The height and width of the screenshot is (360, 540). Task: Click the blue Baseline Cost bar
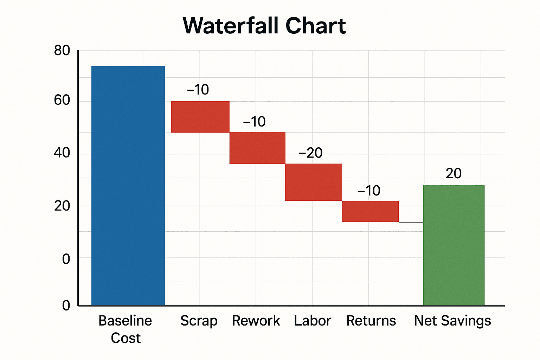[x=128, y=185]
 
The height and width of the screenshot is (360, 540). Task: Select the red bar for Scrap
[x=200, y=117]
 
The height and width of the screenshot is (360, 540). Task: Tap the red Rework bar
[x=257, y=148]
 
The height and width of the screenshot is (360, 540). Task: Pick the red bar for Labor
[x=314, y=182]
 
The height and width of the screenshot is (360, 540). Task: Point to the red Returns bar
[x=370, y=211]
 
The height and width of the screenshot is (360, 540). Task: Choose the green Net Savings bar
[x=454, y=245]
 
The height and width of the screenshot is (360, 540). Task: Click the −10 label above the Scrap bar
[x=198, y=90]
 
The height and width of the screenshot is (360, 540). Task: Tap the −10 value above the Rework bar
[x=254, y=122]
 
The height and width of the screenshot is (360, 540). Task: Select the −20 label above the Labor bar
[x=310, y=153]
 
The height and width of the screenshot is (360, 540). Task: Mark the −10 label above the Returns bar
[x=369, y=191]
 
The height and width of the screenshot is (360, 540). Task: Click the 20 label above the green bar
[x=454, y=173]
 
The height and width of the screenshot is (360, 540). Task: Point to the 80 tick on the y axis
[x=62, y=51]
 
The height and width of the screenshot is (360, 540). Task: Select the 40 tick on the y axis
[x=62, y=153]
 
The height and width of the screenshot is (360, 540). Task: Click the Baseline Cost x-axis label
[x=125, y=329]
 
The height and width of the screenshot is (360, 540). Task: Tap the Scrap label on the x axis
[x=199, y=321]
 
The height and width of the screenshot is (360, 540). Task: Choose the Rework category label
[x=256, y=321]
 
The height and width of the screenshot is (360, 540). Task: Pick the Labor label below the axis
[x=312, y=321]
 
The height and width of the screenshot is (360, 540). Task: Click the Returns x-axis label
[x=371, y=321]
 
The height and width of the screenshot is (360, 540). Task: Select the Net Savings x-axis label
[x=452, y=321]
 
